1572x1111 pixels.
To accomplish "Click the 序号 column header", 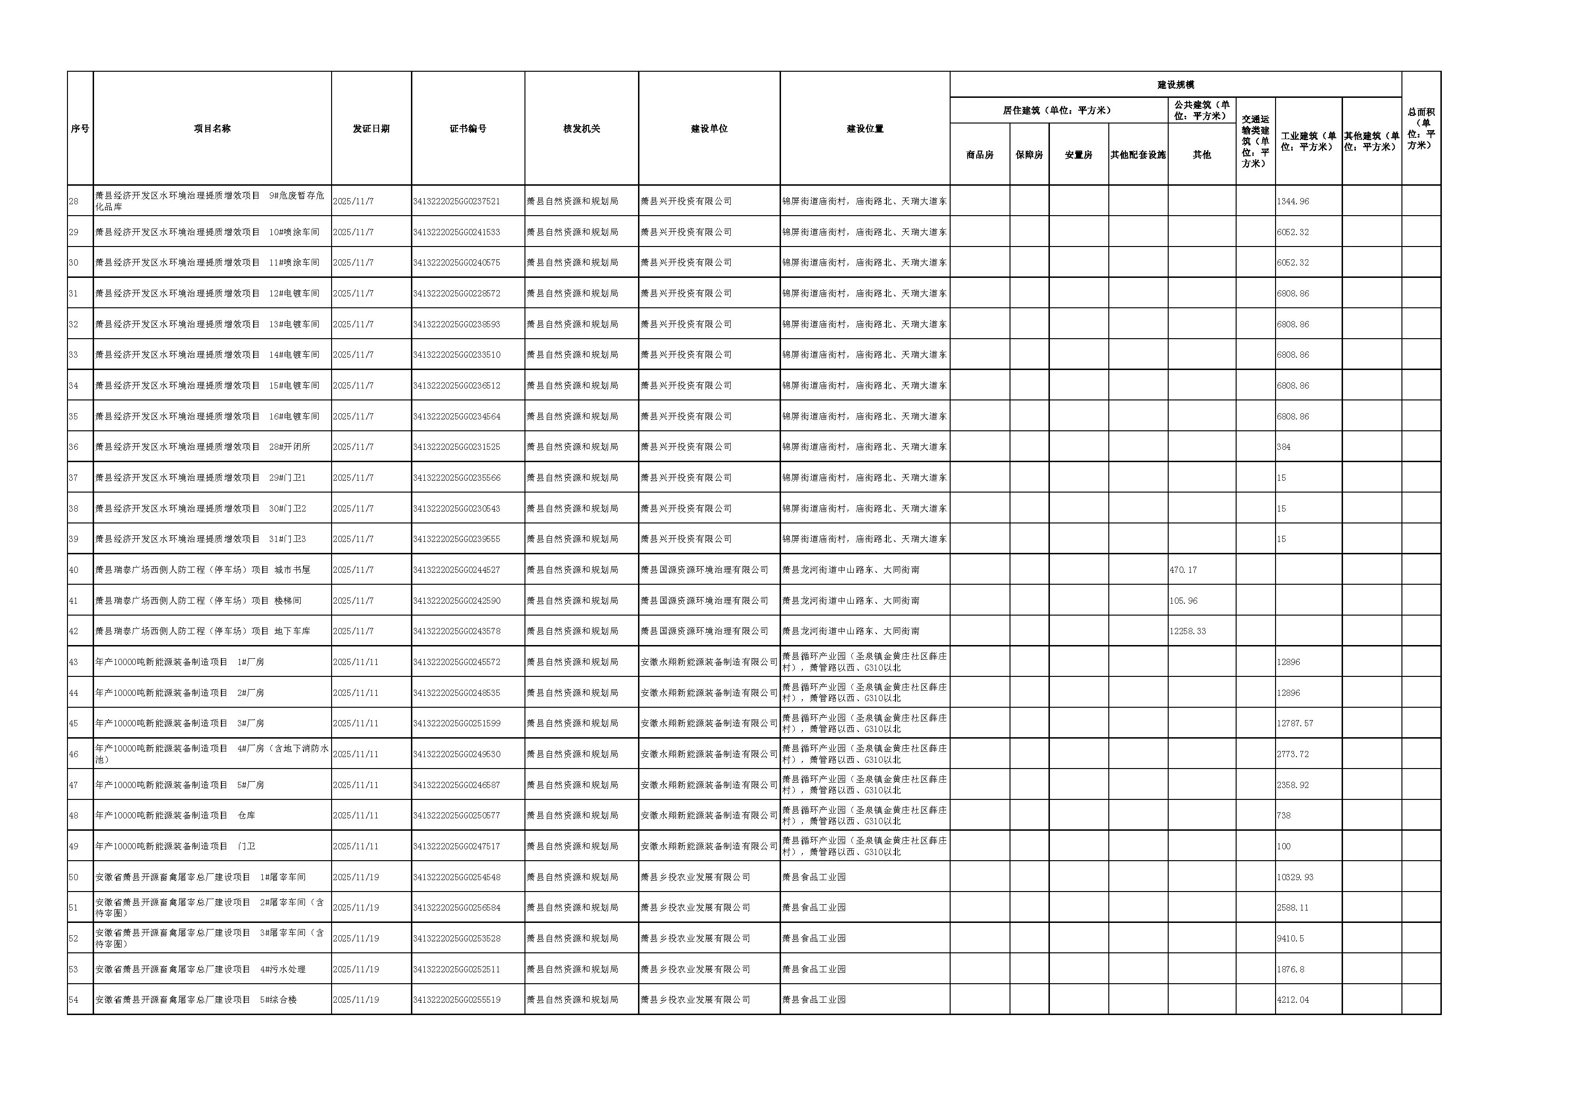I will (80, 129).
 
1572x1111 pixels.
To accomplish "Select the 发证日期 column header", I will (371, 129).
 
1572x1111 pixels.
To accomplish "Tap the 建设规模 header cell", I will (1176, 85).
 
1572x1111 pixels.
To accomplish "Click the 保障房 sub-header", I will (1029, 155).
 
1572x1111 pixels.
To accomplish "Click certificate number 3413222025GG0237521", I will (456, 201).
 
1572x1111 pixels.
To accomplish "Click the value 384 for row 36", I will (1284, 447).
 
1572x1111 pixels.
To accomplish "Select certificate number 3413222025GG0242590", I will (456, 600).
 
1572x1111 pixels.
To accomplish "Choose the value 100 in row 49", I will (1284, 846).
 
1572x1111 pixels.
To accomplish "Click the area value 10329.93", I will (1295, 877).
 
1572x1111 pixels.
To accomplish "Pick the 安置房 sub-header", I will (1078, 155).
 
